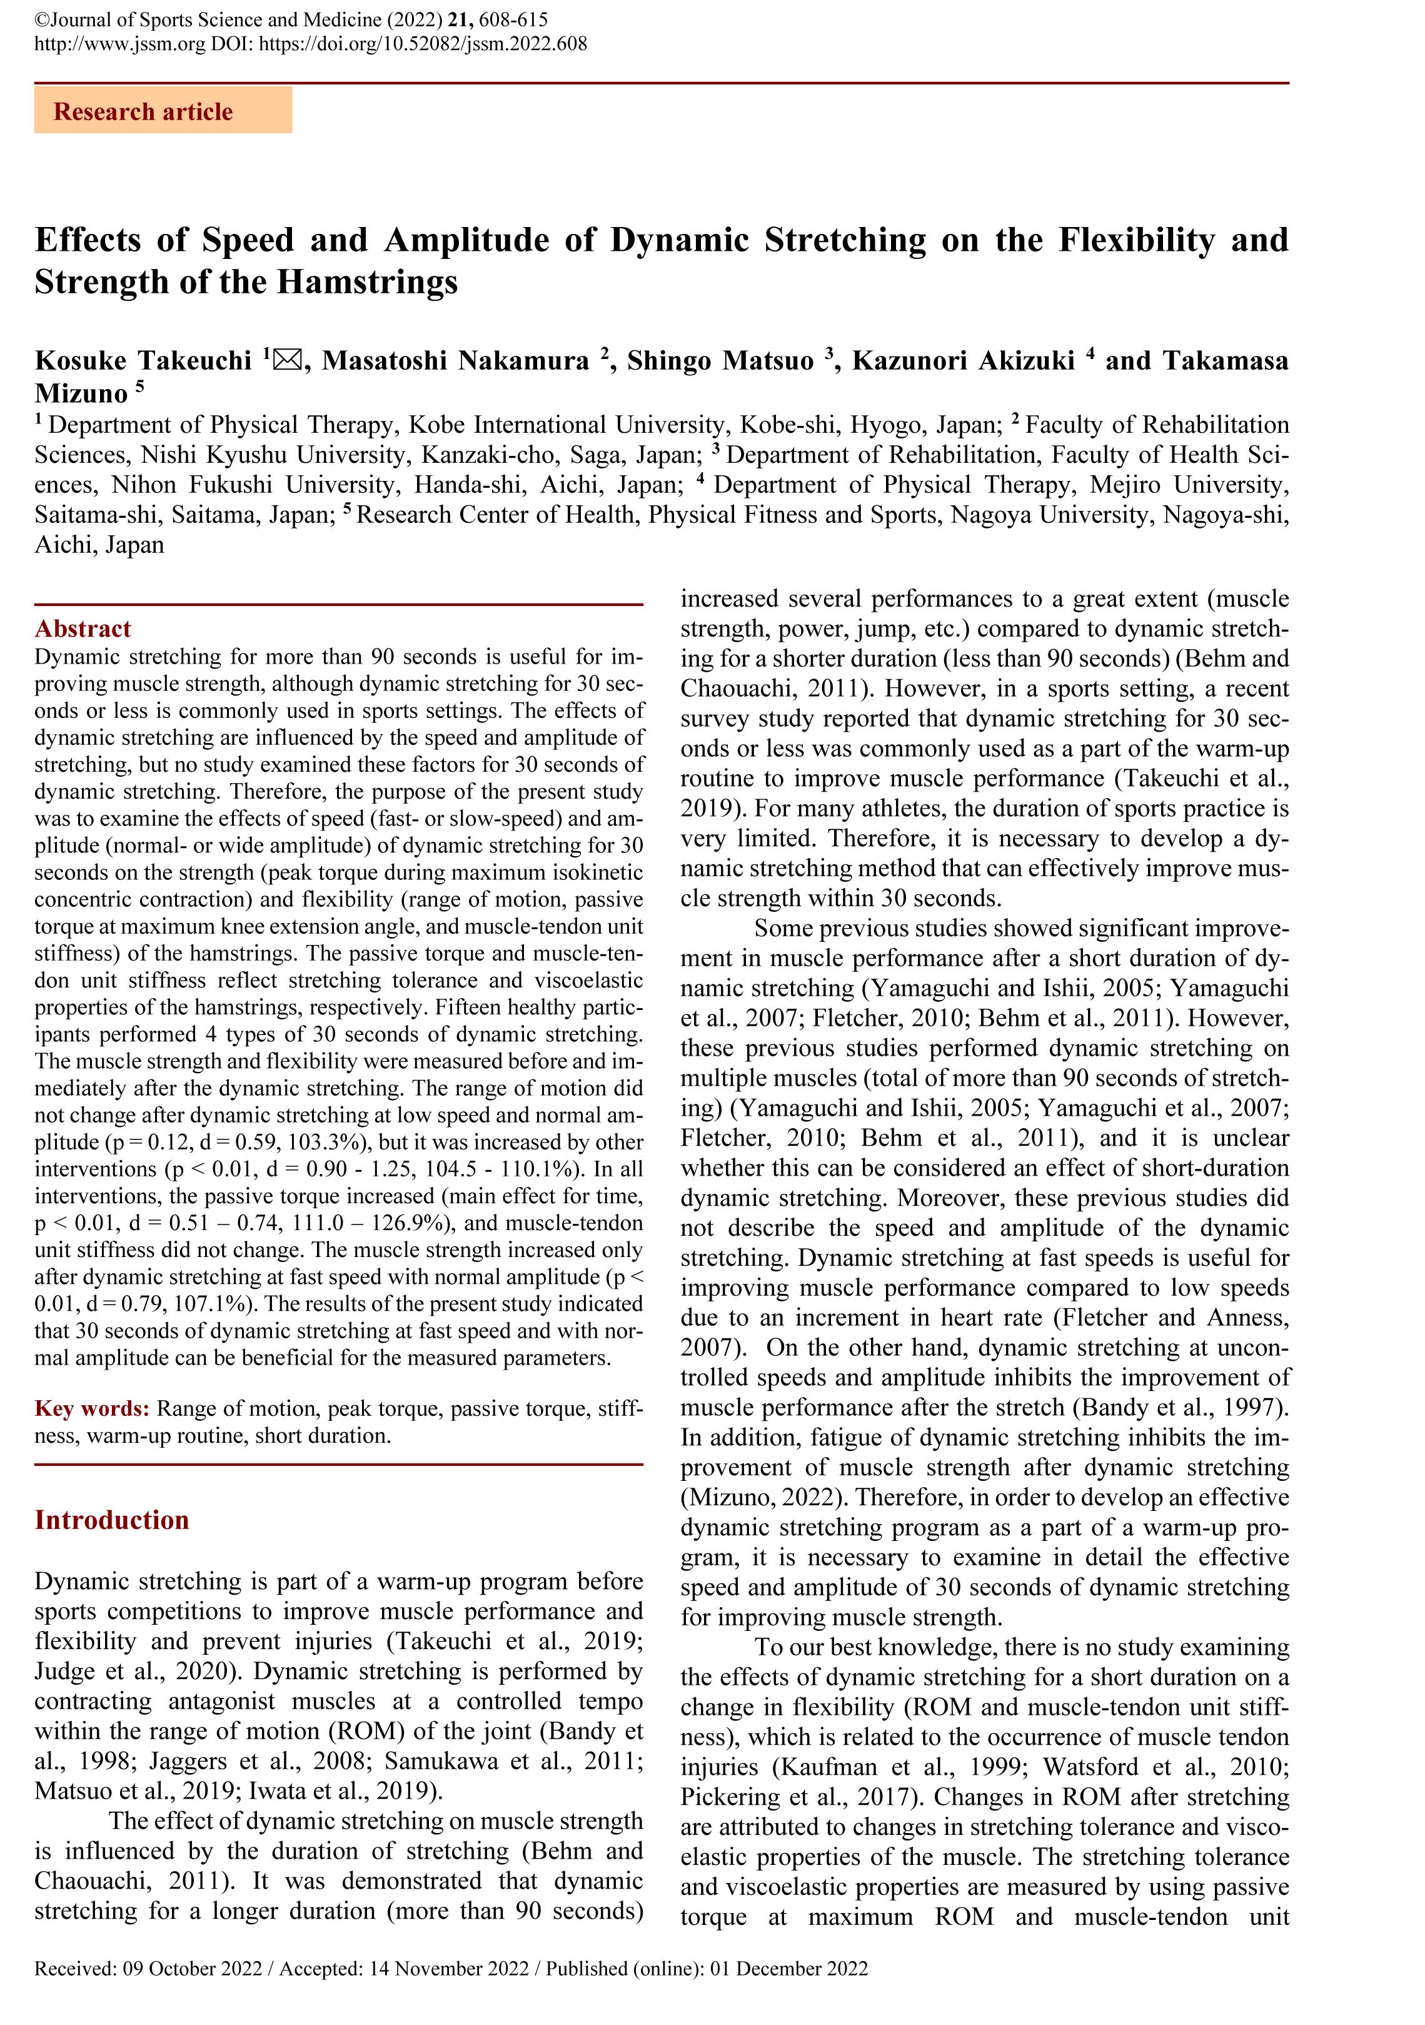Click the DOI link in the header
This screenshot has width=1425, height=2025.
tap(423, 43)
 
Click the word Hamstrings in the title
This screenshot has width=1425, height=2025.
tap(367, 282)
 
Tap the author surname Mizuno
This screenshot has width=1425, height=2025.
tap(81, 393)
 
